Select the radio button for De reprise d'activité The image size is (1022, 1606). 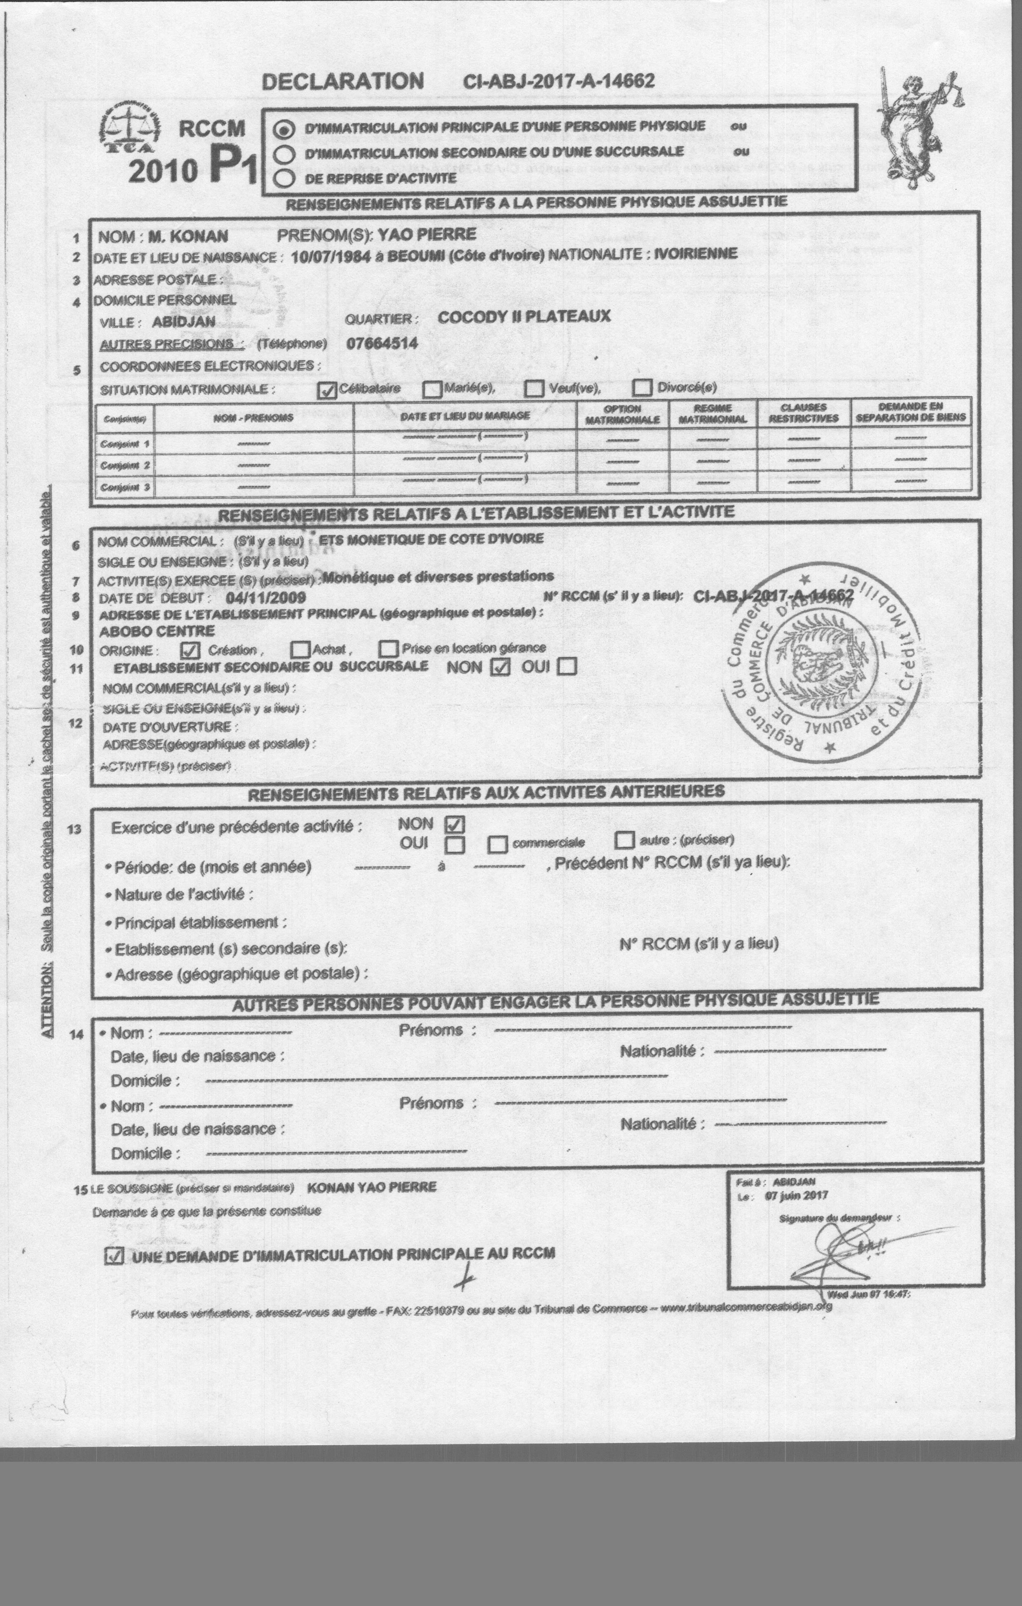[x=285, y=178]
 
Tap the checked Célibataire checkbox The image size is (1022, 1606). [x=326, y=390]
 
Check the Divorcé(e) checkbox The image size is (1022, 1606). [x=642, y=387]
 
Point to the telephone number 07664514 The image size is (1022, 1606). [x=382, y=343]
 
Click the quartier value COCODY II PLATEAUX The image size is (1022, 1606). [x=524, y=317]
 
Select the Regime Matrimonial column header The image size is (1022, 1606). [x=713, y=413]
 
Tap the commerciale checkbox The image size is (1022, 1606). [x=497, y=844]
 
